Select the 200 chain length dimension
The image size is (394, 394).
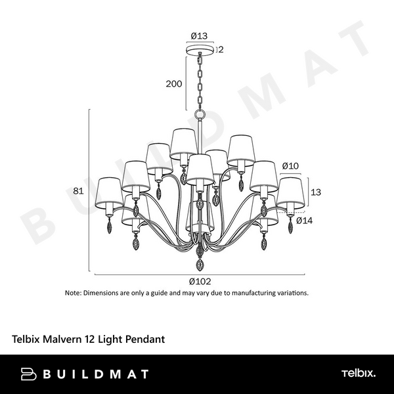[x=173, y=84]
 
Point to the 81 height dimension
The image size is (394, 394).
[x=78, y=192]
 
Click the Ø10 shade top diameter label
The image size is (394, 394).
[x=290, y=165]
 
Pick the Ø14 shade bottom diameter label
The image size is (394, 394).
[x=303, y=221]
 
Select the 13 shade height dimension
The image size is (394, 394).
[x=316, y=192]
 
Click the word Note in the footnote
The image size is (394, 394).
[x=72, y=293]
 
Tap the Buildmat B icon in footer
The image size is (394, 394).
[x=30, y=374]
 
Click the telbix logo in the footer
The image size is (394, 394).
[x=358, y=374]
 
